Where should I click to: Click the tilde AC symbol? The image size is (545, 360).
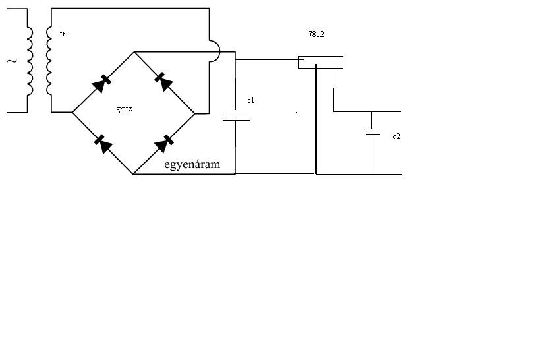[x=11, y=61]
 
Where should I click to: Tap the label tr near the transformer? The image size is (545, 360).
[x=62, y=33]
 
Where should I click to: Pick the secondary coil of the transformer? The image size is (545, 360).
[x=49, y=61]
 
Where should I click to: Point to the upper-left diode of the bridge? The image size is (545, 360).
[x=101, y=82]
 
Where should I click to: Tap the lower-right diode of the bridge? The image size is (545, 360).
[x=164, y=141]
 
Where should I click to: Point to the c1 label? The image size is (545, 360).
[x=250, y=101]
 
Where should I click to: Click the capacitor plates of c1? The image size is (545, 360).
[x=236, y=116]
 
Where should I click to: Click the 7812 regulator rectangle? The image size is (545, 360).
[x=320, y=62]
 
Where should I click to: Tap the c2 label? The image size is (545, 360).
[x=396, y=136]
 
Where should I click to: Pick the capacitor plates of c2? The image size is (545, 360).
[x=372, y=131]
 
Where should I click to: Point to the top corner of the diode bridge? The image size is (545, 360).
[x=134, y=51]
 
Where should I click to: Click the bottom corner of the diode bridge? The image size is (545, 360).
[x=133, y=174]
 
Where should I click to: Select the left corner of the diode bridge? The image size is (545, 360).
[x=72, y=113]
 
